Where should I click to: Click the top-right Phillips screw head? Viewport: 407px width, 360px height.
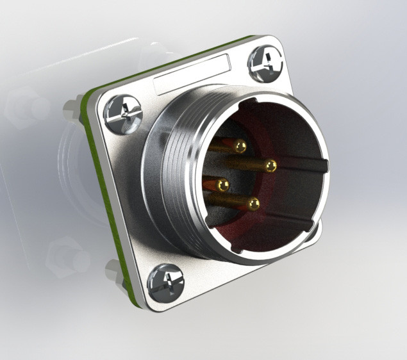[265, 63]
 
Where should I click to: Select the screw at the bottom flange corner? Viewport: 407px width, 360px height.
[166, 282]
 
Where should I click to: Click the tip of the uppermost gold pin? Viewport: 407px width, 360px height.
[240, 147]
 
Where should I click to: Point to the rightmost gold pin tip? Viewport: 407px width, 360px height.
[271, 166]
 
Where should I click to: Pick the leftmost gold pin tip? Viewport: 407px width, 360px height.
[223, 185]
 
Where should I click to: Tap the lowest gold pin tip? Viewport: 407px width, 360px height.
[254, 204]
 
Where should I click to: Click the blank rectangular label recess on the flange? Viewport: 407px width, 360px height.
[192, 74]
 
